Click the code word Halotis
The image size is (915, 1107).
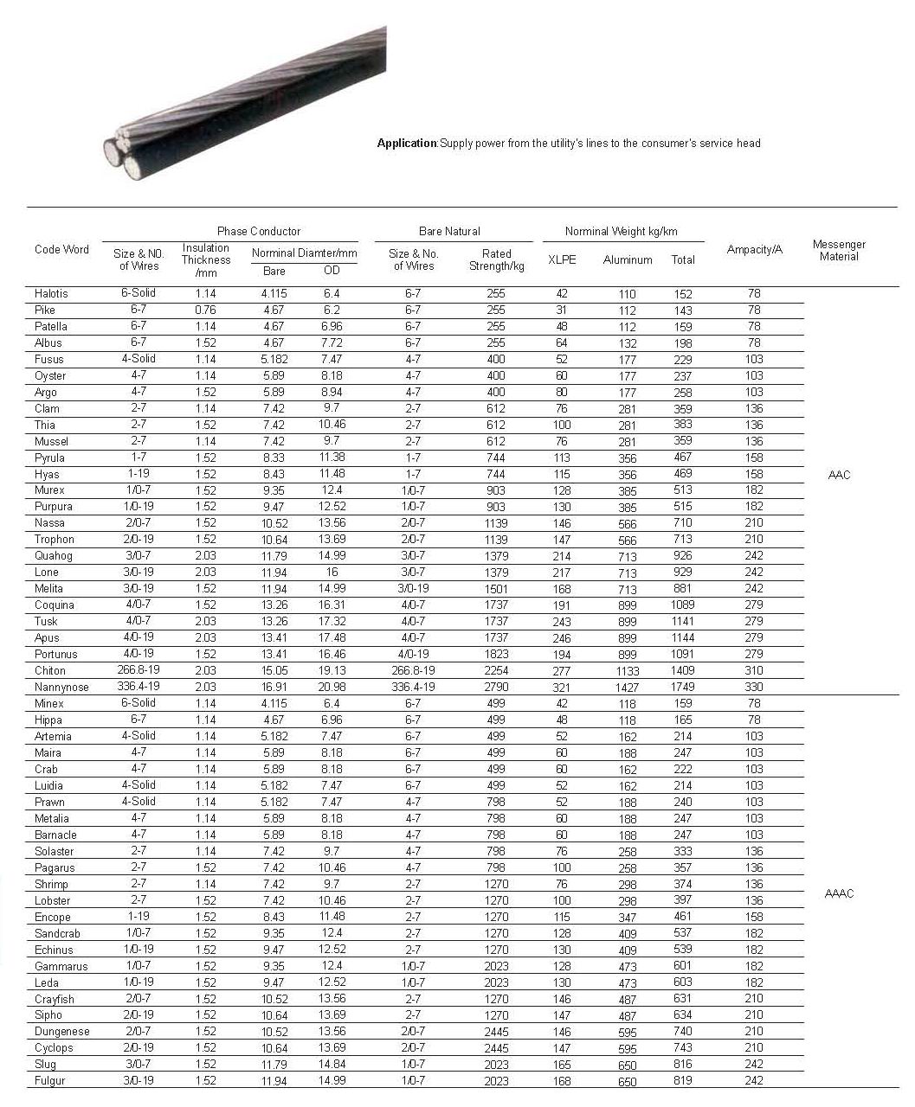click(51, 293)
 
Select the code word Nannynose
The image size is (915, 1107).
click(61, 687)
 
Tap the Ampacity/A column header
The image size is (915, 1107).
click(754, 249)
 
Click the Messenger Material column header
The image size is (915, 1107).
click(839, 250)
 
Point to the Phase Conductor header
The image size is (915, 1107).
click(259, 231)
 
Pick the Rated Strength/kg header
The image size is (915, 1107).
click(497, 259)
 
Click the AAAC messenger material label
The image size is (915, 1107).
click(839, 893)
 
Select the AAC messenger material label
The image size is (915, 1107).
click(839, 474)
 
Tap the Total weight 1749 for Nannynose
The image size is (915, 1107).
click(682, 687)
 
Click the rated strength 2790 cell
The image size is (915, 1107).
click(497, 687)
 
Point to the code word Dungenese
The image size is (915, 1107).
click(62, 1031)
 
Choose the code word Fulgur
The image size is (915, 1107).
click(50, 1080)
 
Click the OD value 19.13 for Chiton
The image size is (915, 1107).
click(332, 670)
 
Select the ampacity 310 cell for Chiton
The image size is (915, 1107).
click(754, 670)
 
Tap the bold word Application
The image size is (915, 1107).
click(407, 143)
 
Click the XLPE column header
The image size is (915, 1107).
click(562, 259)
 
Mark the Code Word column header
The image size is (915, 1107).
click(61, 249)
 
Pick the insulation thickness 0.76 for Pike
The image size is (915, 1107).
click(206, 310)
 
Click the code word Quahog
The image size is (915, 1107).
click(54, 555)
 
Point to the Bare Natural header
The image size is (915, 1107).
click(449, 231)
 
